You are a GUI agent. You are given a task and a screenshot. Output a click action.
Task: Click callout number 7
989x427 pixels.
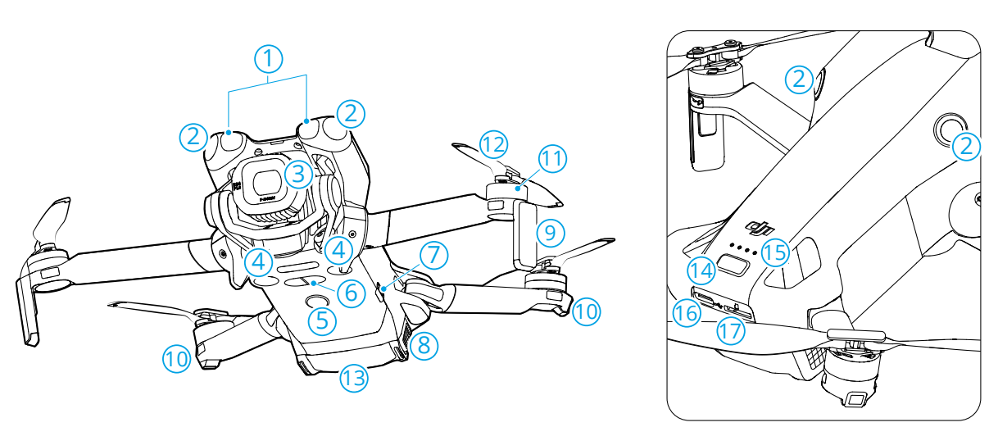click(435, 255)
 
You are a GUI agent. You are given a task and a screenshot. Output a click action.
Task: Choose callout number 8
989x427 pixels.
click(423, 345)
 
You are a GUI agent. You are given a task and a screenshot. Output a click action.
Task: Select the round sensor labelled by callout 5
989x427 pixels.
click(315, 302)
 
